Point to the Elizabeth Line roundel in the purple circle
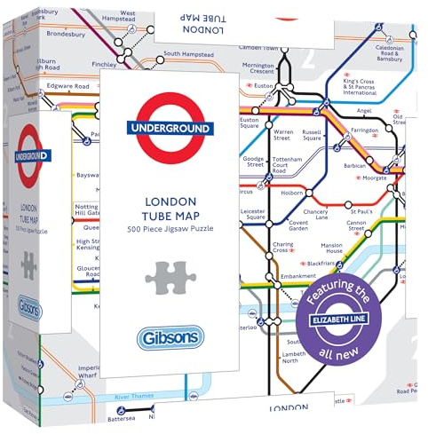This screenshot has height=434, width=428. pyautogui.click(x=355, y=313)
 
